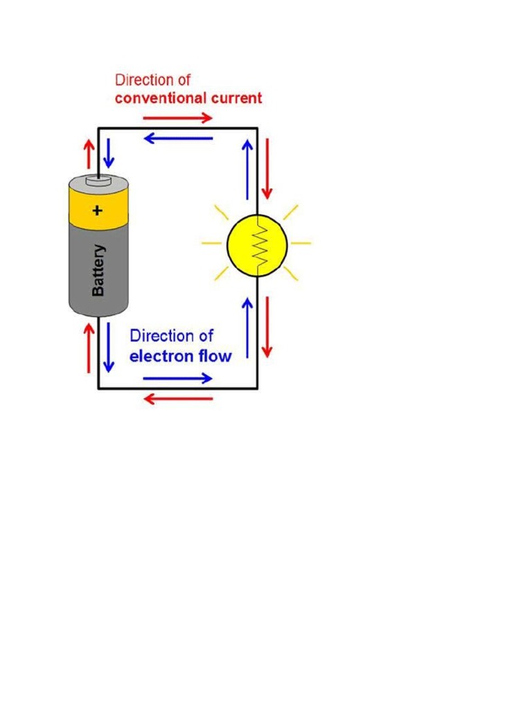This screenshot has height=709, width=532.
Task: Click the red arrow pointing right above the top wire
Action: click(178, 118)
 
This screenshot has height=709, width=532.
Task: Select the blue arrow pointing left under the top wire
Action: click(178, 138)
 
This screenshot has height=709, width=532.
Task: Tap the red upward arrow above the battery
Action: click(89, 153)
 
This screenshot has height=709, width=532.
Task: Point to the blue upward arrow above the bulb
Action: click(247, 170)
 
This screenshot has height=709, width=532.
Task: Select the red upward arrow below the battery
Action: click(89, 348)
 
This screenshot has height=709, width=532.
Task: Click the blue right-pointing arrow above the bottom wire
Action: click(178, 378)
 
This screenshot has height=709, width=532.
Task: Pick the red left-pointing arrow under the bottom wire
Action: click(178, 399)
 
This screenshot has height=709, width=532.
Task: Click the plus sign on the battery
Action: click(98, 210)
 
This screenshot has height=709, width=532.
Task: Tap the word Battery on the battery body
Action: click(98, 270)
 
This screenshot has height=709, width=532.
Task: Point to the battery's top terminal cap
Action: click(98, 181)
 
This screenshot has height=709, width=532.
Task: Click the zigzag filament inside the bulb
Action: click(258, 244)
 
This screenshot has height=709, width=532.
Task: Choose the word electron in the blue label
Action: click(161, 357)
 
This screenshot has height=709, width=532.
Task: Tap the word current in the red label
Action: click(236, 98)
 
